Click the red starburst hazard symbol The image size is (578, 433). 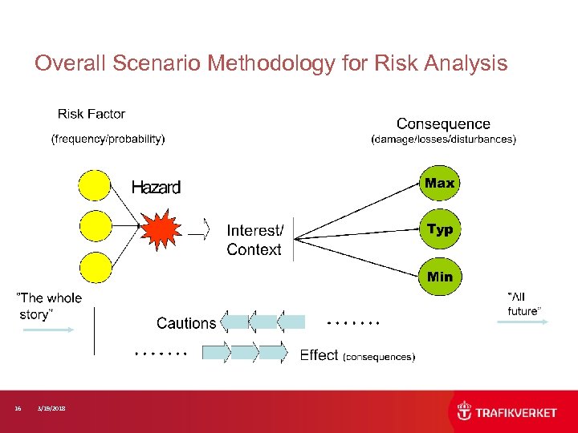(x=160, y=228)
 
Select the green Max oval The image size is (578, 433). (x=439, y=184)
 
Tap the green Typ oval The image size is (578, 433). (x=439, y=230)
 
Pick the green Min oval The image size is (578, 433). (x=439, y=277)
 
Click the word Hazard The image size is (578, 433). (x=156, y=188)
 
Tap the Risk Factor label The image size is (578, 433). (x=92, y=114)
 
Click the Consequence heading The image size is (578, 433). (x=443, y=123)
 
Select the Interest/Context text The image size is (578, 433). (x=254, y=240)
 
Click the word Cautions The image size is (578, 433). (x=186, y=323)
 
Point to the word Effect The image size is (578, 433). (x=319, y=355)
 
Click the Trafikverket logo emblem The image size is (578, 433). (x=465, y=412)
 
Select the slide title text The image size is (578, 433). (x=271, y=63)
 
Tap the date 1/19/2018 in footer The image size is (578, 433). (x=52, y=409)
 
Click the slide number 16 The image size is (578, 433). (x=18, y=409)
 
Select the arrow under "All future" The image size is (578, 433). (x=523, y=322)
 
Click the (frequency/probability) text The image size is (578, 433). (x=108, y=139)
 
